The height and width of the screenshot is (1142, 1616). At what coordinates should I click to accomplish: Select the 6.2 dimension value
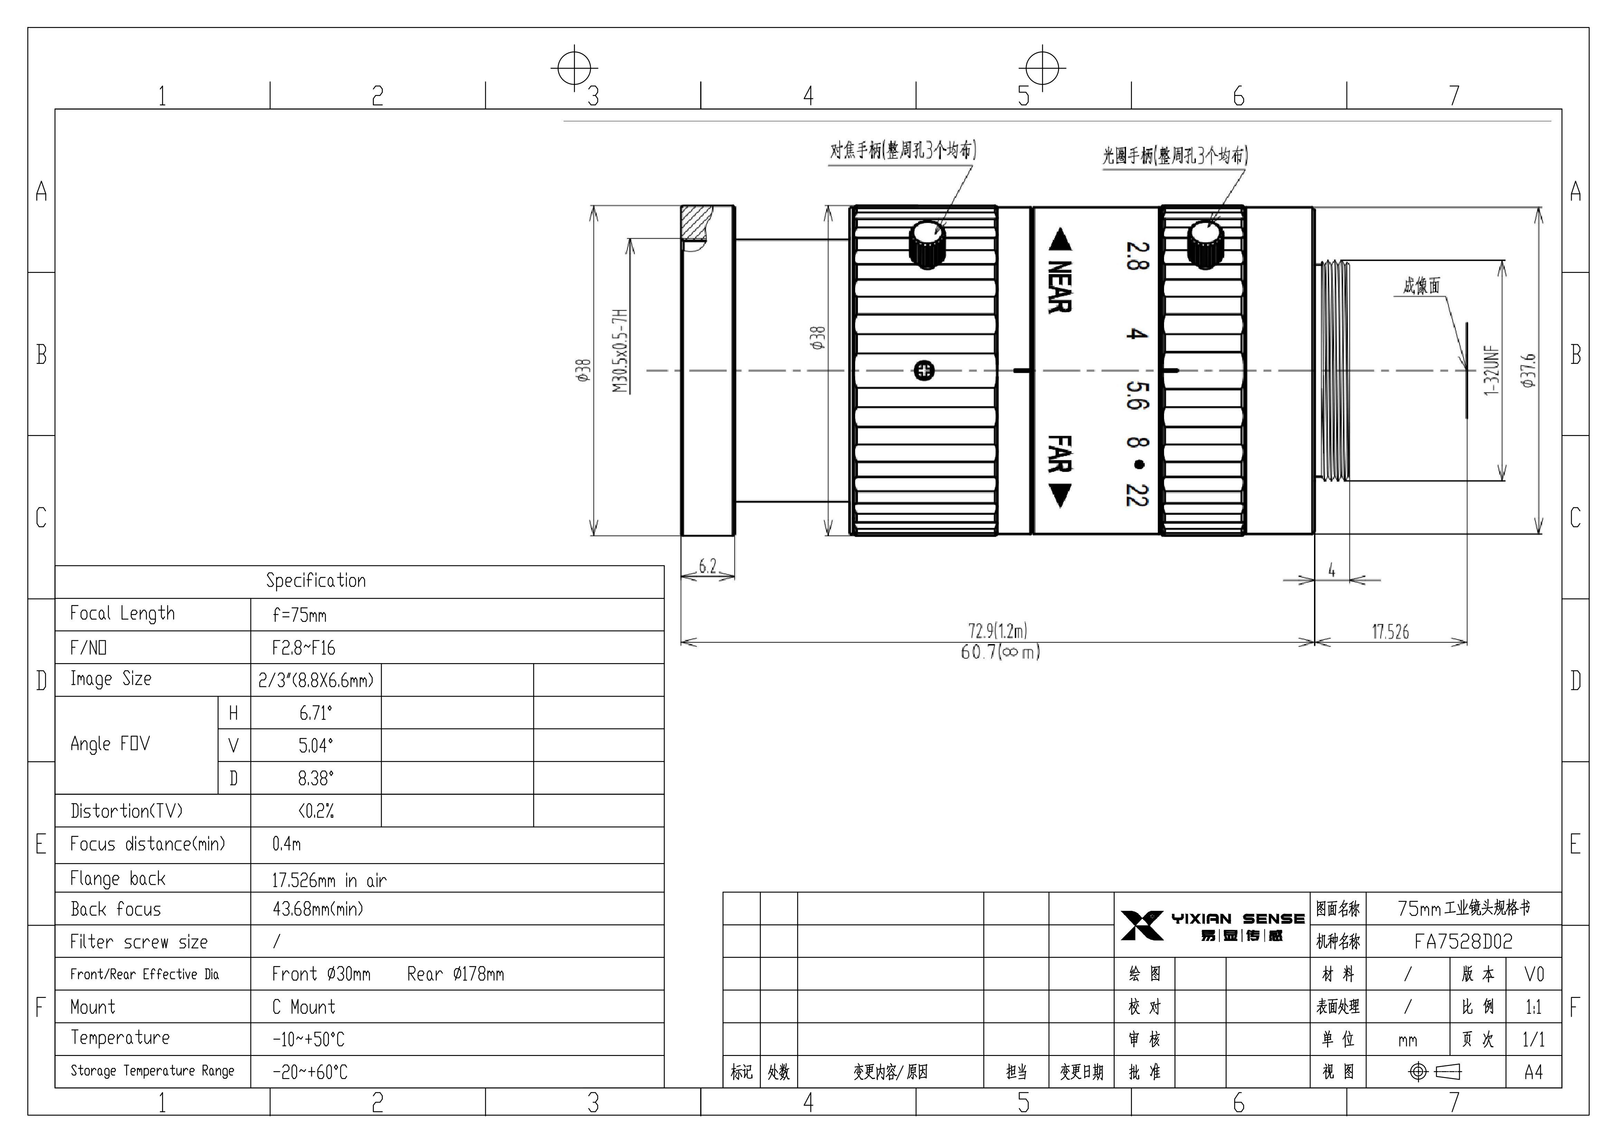click(x=707, y=566)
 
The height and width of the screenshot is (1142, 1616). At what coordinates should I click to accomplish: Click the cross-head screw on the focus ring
click(x=924, y=370)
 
